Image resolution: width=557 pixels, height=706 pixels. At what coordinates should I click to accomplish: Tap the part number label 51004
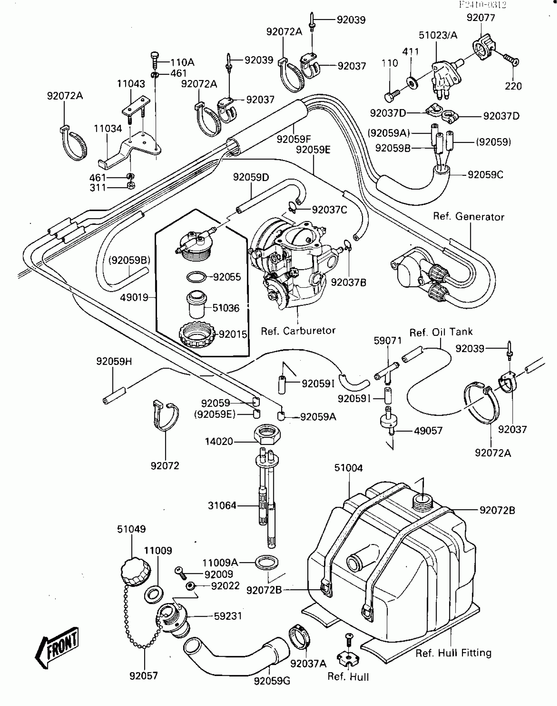click(x=348, y=468)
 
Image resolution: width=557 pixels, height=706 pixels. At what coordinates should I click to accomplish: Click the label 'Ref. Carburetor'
click(x=298, y=331)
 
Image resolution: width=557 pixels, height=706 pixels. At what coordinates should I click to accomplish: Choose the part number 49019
click(x=134, y=298)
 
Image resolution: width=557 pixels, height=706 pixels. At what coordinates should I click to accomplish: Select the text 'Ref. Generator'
click(x=469, y=217)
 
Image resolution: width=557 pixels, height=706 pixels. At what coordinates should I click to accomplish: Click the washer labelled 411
click(x=412, y=82)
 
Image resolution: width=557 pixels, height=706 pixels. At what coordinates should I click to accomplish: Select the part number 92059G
click(x=272, y=681)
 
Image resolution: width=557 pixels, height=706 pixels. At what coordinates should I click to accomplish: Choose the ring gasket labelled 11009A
click(x=267, y=563)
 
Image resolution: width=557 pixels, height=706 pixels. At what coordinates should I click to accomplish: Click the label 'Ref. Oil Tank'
click(x=441, y=332)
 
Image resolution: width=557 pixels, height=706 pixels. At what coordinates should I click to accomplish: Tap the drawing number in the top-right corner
click(x=483, y=5)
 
